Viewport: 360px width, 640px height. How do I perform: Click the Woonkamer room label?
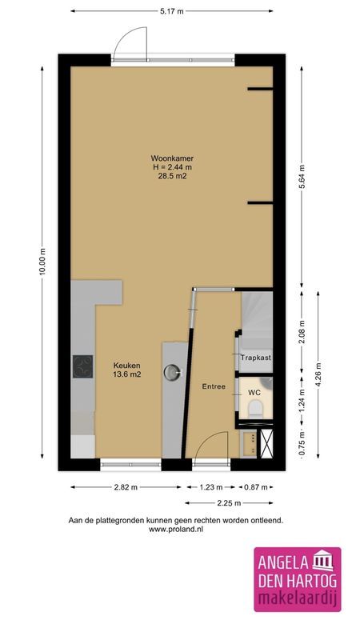[174, 158]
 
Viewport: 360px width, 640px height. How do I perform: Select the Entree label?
[214, 387]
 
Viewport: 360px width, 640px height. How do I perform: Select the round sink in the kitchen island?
[174, 370]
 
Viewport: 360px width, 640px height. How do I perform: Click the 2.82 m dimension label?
[123, 486]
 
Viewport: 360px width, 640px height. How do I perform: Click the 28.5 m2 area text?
[174, 177]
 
